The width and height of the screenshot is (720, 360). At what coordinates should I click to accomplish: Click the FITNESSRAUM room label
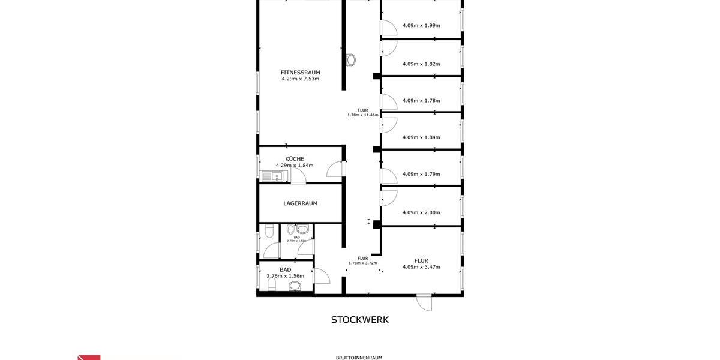pyautogui.click(x=300, y=73)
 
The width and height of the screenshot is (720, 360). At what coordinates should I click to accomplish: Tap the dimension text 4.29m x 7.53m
pyautogui.click(x=300, y=79)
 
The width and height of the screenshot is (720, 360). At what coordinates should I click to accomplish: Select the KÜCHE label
pyautogui.click(x=294, y=159)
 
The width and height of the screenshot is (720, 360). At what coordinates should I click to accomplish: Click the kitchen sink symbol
pyautogui.click(x=274, y=176)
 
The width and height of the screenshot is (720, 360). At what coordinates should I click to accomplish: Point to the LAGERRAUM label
pyautogui.click(x=300, y=203)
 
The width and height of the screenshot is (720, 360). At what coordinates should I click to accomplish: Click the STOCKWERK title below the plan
pyautogui.click(x=359, y=320)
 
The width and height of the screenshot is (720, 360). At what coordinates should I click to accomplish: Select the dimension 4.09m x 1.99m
pyautogui.click(x=421, y=25)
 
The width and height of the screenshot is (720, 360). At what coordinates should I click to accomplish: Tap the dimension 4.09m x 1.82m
pyautogui.click(x=421, y=64)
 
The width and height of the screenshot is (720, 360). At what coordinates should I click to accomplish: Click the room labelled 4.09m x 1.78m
pyautogui.click(x=421, y=100)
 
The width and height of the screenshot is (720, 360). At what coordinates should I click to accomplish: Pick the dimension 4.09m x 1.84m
pyautogui.click(x=421, y=137)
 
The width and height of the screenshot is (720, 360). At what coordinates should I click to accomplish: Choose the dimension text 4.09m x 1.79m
pyautogui.click(x=421, y=174)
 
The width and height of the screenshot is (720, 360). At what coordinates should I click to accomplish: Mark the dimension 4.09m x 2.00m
pyautogui.click(x=421, y=212)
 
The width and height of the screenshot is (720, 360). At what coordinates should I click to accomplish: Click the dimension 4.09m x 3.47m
pyautogui.click(x=421, y=267)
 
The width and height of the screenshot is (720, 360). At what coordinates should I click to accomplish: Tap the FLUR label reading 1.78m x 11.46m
pyautogui.click(x=362, y=112)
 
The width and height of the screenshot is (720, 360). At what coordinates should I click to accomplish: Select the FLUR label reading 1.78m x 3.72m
pyautogui.click(x=362, y=260)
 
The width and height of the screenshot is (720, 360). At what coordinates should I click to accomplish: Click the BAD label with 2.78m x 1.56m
pyautogui.click(x=285, y=273)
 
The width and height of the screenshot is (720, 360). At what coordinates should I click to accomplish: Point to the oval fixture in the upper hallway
pyautogui.click(x=351, y=60)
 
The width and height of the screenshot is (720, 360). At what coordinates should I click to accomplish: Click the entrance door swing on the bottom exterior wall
pyautogui.click(x=424, y=302)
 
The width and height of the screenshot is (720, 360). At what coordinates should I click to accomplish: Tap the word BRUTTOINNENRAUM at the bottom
pyautogui.click(x=359, y=358)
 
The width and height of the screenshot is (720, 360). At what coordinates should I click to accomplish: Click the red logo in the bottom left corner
pyautogui.click(x=89, y=357)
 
